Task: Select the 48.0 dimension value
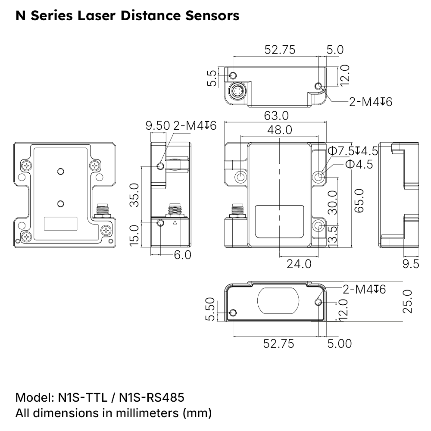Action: click(x=279, y=130)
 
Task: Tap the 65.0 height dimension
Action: click(x=359, y=200)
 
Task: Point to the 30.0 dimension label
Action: click(x=332, y=202)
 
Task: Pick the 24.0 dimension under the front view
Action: click(x=299, y=263)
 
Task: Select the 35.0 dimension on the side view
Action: click(x=134, y=195)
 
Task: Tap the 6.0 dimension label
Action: click(x=182, y=255)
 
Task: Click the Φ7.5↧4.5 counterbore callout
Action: click(x=353, y=151)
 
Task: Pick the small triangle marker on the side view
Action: click(x=175, y=223)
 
